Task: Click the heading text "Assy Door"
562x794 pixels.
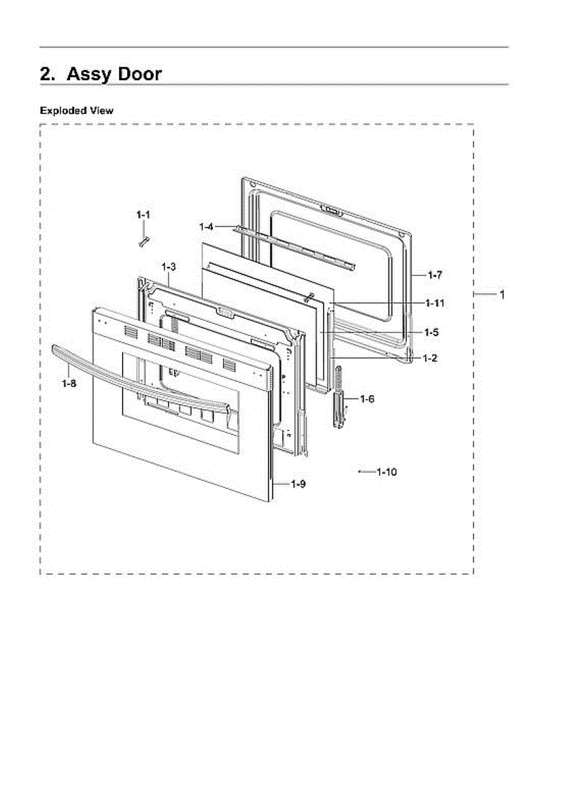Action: [114, 74]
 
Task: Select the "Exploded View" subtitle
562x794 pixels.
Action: [76, 110]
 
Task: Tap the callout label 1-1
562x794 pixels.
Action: [143, 214]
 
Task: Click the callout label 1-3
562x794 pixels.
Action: [168, 266]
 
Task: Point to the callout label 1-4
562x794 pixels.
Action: [206, 226]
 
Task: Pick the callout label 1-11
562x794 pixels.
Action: [434, 303]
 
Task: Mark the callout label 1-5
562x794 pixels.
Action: [432, 332]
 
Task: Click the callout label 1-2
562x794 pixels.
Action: [430, 358]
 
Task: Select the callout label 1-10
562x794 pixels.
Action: [387, 472]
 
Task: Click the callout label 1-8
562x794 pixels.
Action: [68, 383]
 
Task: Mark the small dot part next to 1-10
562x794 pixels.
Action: [359, 472]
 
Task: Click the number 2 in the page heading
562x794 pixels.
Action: [47, 74]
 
